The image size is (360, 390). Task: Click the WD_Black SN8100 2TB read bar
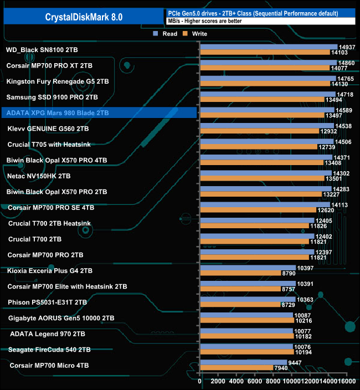coord(268,47)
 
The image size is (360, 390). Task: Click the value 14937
coord(346,47)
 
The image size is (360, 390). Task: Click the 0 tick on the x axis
coord(200,381)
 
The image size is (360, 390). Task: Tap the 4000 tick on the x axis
coord(236,381)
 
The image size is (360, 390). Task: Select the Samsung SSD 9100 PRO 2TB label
coord(52,97)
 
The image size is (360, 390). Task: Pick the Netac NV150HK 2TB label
coord(39,176)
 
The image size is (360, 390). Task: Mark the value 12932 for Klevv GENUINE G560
coord(328,131)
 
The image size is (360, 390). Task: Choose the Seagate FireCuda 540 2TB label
coord(49,350)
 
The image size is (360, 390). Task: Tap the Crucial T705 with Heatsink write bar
coord(258,147)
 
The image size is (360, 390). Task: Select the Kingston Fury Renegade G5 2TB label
coord(57,81)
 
